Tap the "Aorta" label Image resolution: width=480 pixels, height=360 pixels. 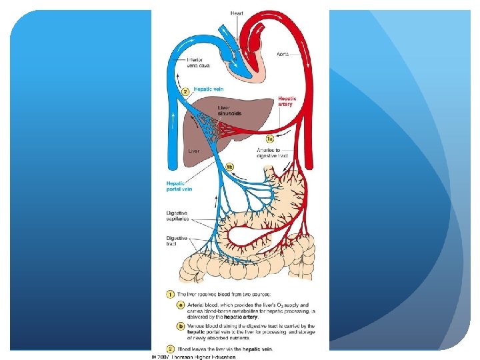pos(283,53)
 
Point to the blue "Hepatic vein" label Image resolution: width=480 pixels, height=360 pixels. pos(207,89)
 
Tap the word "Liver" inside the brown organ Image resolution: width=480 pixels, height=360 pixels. pos(193,151)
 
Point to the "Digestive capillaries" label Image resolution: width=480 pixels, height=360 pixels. pos(179,216)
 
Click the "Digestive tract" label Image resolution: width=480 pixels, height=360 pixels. pos(177,241)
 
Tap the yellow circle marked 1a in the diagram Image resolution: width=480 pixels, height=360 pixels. pos(269,139)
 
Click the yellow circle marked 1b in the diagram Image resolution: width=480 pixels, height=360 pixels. pos(229,167)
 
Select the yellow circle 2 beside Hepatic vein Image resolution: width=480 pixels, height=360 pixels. pos(187,92)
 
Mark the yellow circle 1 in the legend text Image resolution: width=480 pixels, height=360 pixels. pos(171,293)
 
